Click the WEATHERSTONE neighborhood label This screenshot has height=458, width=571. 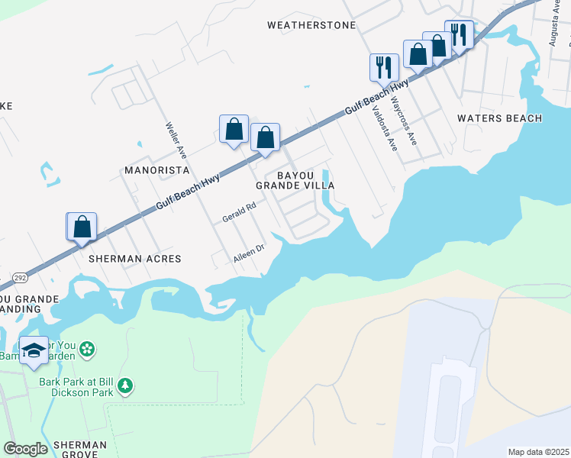click(311, 25)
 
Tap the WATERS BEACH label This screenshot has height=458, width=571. click(499, 118)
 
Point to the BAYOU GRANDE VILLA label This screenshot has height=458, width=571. click(295, 180)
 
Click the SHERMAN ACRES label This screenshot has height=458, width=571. click(135, 259)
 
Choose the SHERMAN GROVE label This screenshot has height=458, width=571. click(76, 450)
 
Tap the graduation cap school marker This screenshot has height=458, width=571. click(34, 350)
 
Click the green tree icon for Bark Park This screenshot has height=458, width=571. click(124, 387)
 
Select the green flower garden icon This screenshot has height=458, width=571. click(89, 349)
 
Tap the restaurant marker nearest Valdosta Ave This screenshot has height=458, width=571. click(384, 67)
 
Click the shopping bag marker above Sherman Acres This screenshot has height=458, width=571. click(82, 227)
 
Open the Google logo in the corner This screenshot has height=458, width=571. click(26, 449)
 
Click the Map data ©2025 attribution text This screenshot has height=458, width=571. click(537, 452)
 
